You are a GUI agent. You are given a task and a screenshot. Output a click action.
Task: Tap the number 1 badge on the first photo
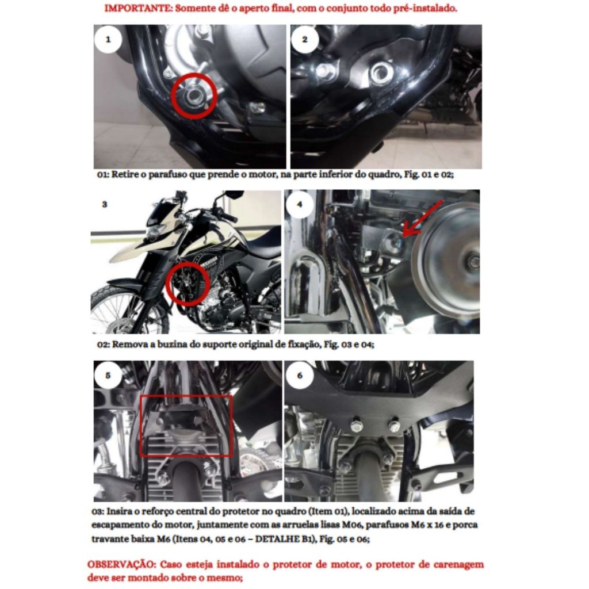coord(108,39)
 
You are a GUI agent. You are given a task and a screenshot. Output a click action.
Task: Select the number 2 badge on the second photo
coord(305,39)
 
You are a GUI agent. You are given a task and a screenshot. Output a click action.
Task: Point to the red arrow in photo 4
coord(423,219)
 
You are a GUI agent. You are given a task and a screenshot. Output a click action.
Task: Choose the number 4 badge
coord(299,204)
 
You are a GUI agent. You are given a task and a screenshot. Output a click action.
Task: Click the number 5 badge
coord(108,375)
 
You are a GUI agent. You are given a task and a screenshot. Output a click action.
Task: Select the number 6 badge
coord(299,375)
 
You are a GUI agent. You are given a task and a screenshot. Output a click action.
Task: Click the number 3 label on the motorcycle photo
coord(105,204)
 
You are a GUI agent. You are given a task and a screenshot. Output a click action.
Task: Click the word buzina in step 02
coord(169,345)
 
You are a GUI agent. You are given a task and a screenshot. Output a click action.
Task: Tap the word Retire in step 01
coord(125,175)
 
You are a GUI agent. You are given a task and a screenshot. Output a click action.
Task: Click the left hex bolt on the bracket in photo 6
coord(355,425)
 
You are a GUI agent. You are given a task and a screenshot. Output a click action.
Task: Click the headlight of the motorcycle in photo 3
coord(152,231)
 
